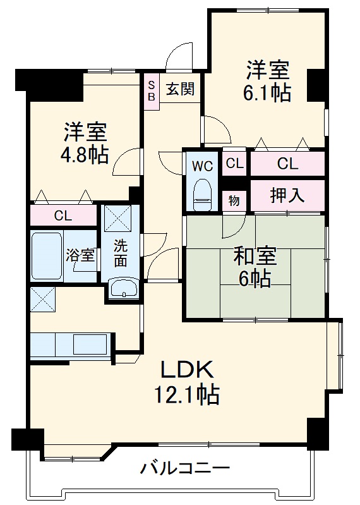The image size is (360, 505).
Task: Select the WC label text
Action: click(202, 166)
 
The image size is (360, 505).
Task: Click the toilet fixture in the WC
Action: click(202, 193)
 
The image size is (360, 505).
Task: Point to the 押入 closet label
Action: click(287, 196)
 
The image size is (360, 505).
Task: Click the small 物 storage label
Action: click(234, 201)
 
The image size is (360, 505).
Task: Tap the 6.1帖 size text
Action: click(267, 93)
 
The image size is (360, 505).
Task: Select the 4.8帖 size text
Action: click(85, 154)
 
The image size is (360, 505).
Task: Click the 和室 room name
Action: click(255, 257)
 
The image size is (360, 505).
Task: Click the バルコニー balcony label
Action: click(184, 469)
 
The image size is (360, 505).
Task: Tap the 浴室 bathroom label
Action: click(81, 255)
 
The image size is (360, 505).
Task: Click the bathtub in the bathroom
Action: click(47, 255)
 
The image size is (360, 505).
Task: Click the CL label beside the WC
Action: click(234, 164)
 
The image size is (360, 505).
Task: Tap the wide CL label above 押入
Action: click(287, 164)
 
